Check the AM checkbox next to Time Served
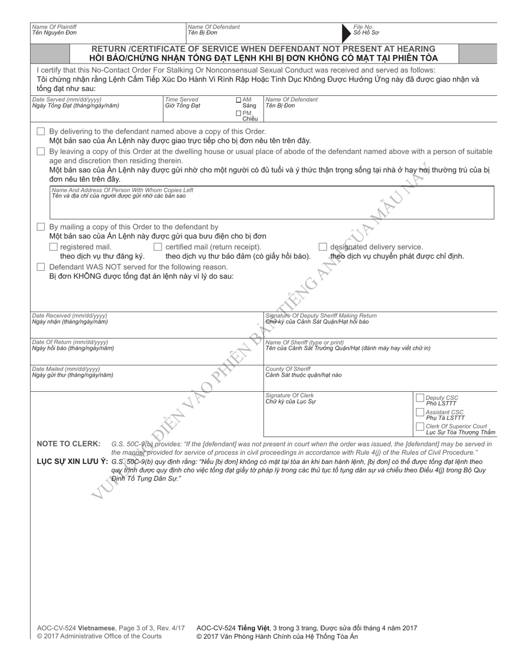click(239, 100)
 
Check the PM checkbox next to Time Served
click(239, 113)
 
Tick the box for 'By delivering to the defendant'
click(41, 132)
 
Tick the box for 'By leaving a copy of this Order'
click(41, 151)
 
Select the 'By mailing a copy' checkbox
click(41, 227)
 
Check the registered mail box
click(53, 247)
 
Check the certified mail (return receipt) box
click(158, 247)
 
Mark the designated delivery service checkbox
click(323, 247)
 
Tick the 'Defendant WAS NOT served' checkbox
click(41, 267)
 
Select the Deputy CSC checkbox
click(420, 398)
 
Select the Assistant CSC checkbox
click(420, 412)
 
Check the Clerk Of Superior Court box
click(420, 426)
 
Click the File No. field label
click(363, 26)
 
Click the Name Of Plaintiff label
click(54, 26)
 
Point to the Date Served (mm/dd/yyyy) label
click(67, 100)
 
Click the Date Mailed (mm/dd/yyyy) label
click(66, 369)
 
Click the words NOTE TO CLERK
click(68, 443)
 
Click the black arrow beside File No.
click(347, 33)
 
